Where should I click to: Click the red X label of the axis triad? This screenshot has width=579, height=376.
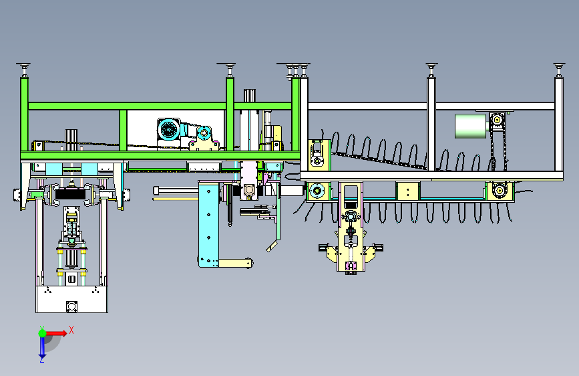click(x=71, y=330)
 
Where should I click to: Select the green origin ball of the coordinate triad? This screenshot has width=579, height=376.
click(x=43, y=333)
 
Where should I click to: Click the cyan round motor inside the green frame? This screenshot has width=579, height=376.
click(x=168, y=130)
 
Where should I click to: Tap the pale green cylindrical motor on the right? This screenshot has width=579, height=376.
click(x=470, y=126)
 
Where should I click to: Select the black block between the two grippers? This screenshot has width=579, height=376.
click(x=70, y=194)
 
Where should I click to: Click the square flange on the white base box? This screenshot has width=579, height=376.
click(x=71, y=307)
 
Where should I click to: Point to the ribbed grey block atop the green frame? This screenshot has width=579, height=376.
click(x=250, y=95)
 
